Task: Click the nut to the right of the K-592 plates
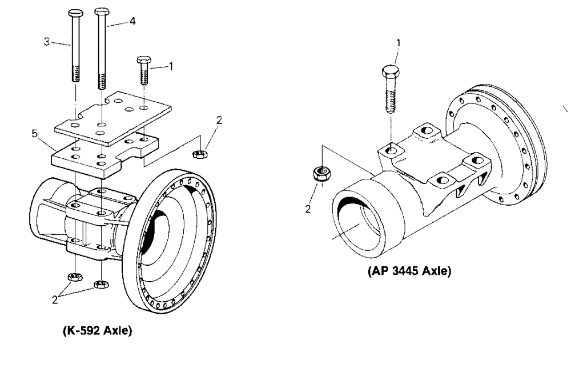201,153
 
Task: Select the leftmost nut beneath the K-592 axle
74,277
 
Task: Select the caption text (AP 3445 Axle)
409,271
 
